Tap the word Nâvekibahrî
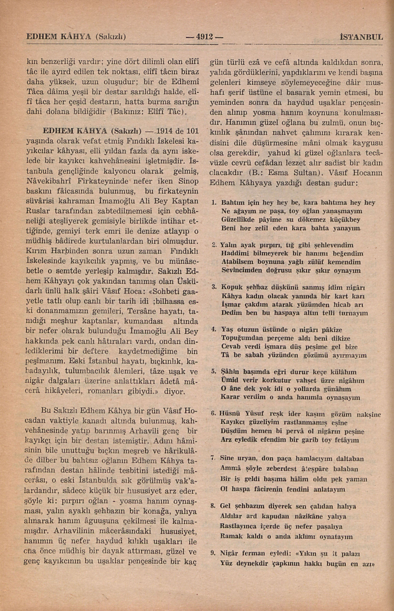(x=48, y=181)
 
